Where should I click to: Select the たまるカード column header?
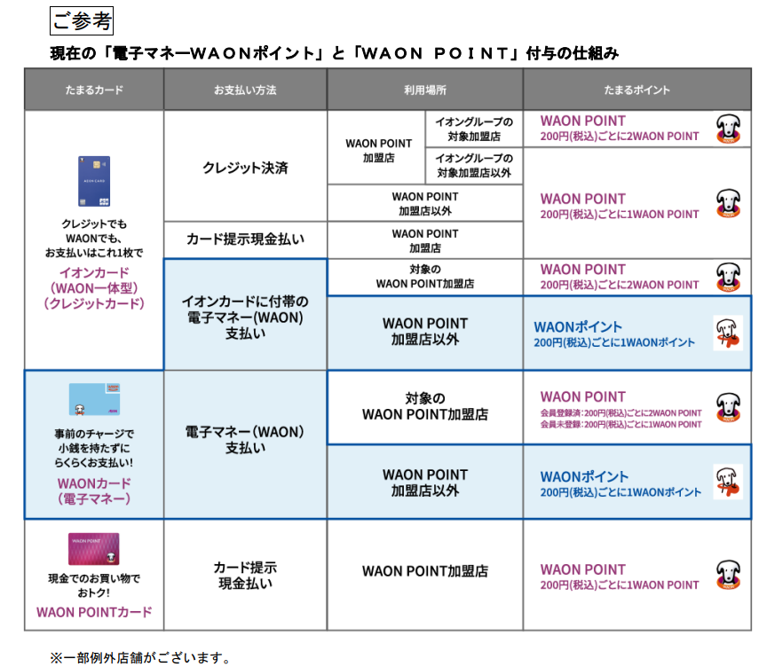pyautogui.click(x=93, y=90)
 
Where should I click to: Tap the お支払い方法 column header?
pyautogui.click(x=245, y=90)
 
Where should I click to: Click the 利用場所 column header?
pyautogui.click(x=424, y=90)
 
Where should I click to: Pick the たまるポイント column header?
pyautogui.click(x=636, y=90)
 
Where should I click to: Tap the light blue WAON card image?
pyautogui.click(x=94, y=399)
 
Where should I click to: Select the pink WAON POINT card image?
pyautogui.click(x=94, y=549)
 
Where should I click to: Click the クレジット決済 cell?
pyautogui.click(x=245, y=168)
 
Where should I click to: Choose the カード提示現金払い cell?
pyautogui.click(x=245, y=239)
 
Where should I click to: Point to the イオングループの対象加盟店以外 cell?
pyautogui.click(x=473, y=165)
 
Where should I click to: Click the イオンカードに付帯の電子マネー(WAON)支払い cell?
pyautogui.click(x=245, y=313)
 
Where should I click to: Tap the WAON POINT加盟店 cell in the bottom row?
pyautogui.click(x=424, y=571)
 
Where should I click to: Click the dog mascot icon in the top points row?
pyautogui.click(x=728, y=128)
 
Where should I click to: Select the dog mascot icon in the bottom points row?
pyautogui.click(x=728, y=575)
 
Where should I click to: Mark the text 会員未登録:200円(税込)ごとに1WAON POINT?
pyautogui.click(x=621, y=425)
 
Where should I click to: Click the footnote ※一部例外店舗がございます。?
pyautogui.click(x=140, y=658)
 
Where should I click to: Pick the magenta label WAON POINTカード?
pyautogui.click(x=94, y=612)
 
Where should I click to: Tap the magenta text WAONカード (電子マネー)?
pyautogui.click(x=94, y=491)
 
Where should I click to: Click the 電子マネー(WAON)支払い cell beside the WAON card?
pyautogui.click(x=245, y=440)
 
